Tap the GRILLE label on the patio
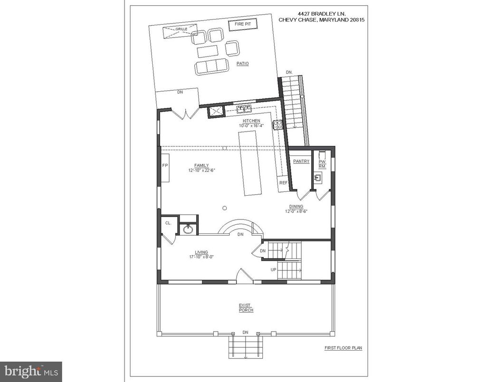pyautogui.click(x=181, y=29)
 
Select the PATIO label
pyautogui.click(x=242, y=64)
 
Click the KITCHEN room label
pyautogui.click(x=251, y=121)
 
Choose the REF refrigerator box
pyautogui.click(x=283, y=183)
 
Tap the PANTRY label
pyautogui.click(x=301, y=162)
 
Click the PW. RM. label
pyautogui.click(x=322, y=164)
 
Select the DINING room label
pyautogui.click(x=297, y=207)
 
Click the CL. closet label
pyautogui.click(x=168, y=223)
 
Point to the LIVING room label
pyautogui.click(x=201, y=253)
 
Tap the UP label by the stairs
pyautogui.click(x=273, y=270)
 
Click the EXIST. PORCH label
pyautogui.click(x=246, y=308)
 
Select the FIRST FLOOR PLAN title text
pyautogui.click(x=343, y=348)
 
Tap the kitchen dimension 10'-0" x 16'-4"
pyautogui.click(x=251, y=125)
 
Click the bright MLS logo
pyautogui.click(x=31, y=371)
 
